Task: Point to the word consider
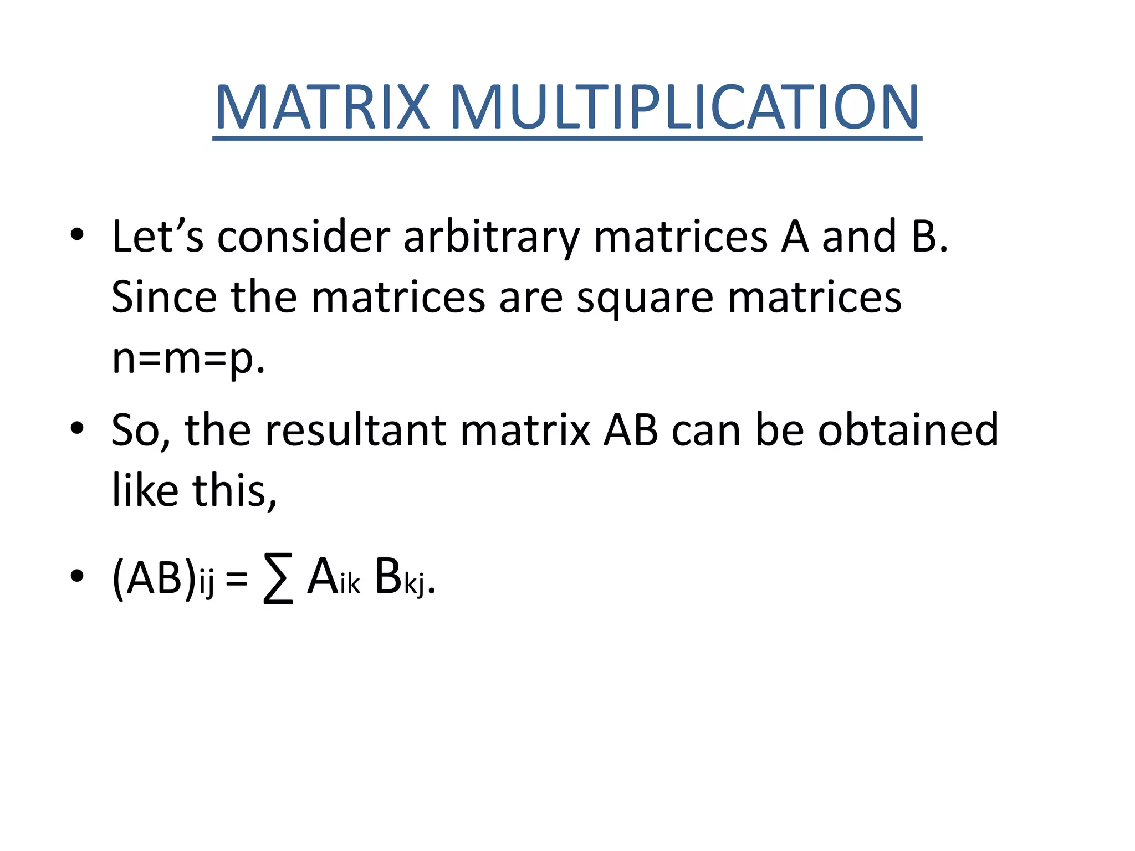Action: tap(304, 237)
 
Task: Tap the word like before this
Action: tap(145, 490)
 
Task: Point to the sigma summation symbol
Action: tap(278, 580)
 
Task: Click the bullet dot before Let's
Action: tap(77, 234)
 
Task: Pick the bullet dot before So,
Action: tap(77, 428)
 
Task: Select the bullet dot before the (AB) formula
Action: tap(77, 576)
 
